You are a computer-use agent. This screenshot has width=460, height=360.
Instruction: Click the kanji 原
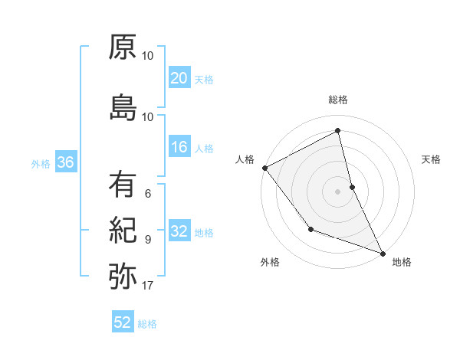[x=123, y=48]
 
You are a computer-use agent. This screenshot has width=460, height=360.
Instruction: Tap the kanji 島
[x=123, y=106]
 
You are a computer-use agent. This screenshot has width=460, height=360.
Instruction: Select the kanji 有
[x=123, y=185]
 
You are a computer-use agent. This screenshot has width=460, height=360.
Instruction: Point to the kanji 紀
[x=123, y=231]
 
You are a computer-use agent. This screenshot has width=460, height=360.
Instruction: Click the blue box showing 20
[x=179, y=78]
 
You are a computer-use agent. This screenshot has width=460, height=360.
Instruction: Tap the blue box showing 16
[x=179, y=147]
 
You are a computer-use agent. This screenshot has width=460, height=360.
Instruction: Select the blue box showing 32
[x=179, y=232]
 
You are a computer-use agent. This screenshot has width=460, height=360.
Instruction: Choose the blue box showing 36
[x=65, y=162]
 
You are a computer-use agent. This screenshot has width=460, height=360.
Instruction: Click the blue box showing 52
[x=123, y=322]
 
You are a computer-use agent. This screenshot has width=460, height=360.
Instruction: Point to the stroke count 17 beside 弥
[x=148, y=286]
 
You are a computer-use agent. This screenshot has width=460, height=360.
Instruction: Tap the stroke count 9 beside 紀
[x=148, y=240]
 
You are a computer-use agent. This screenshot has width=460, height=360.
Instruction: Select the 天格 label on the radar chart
[x=432, y=159]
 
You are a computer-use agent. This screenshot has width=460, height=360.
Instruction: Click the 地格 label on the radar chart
[x=402, y=262]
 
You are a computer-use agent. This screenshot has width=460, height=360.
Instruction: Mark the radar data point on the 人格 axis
[x=264, y=168]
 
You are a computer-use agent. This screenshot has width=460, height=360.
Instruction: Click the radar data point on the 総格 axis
[x=338, y=131]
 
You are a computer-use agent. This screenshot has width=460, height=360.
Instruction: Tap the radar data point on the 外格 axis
[x=310, y=229]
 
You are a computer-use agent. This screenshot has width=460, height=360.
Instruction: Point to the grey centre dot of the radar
[x=338, y=191]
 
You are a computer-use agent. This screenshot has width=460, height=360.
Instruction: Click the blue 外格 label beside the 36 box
[x=41, y=163]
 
